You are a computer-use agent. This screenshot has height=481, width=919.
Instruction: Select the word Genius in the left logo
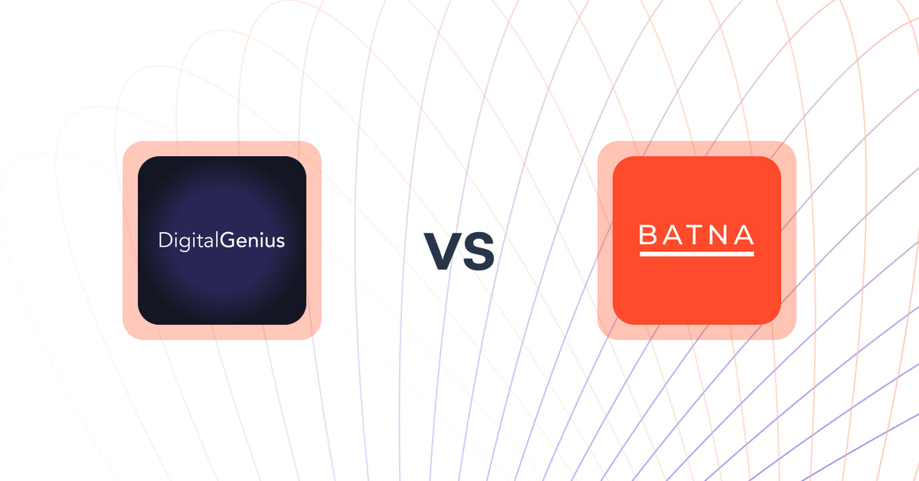pos(253,241)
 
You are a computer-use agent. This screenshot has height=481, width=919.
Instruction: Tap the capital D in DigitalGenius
pos(164,241)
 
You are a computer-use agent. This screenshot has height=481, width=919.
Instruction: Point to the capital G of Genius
pos(227,241)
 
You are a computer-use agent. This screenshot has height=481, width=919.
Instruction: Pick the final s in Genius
pos(280,242)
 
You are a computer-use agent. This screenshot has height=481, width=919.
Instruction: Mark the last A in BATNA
pos(744,235)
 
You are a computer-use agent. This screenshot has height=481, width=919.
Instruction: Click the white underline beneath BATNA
pos(697,253)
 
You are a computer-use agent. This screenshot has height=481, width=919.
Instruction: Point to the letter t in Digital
pos(200,241)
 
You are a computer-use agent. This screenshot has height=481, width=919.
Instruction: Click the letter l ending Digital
pos(217,240)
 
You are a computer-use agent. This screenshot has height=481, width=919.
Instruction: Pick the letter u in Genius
pos(270,242)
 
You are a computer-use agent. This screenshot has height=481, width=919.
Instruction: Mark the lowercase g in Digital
pos(185,244)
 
